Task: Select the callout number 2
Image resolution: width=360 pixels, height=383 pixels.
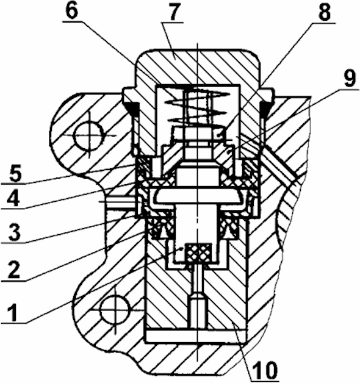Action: (15, 270)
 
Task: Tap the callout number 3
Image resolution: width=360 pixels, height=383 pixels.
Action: (14, 232)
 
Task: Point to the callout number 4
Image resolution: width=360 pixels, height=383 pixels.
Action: (13, 197)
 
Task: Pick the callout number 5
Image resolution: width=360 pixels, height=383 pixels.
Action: (15, 173)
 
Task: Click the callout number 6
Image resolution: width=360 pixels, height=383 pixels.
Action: (73, 10)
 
